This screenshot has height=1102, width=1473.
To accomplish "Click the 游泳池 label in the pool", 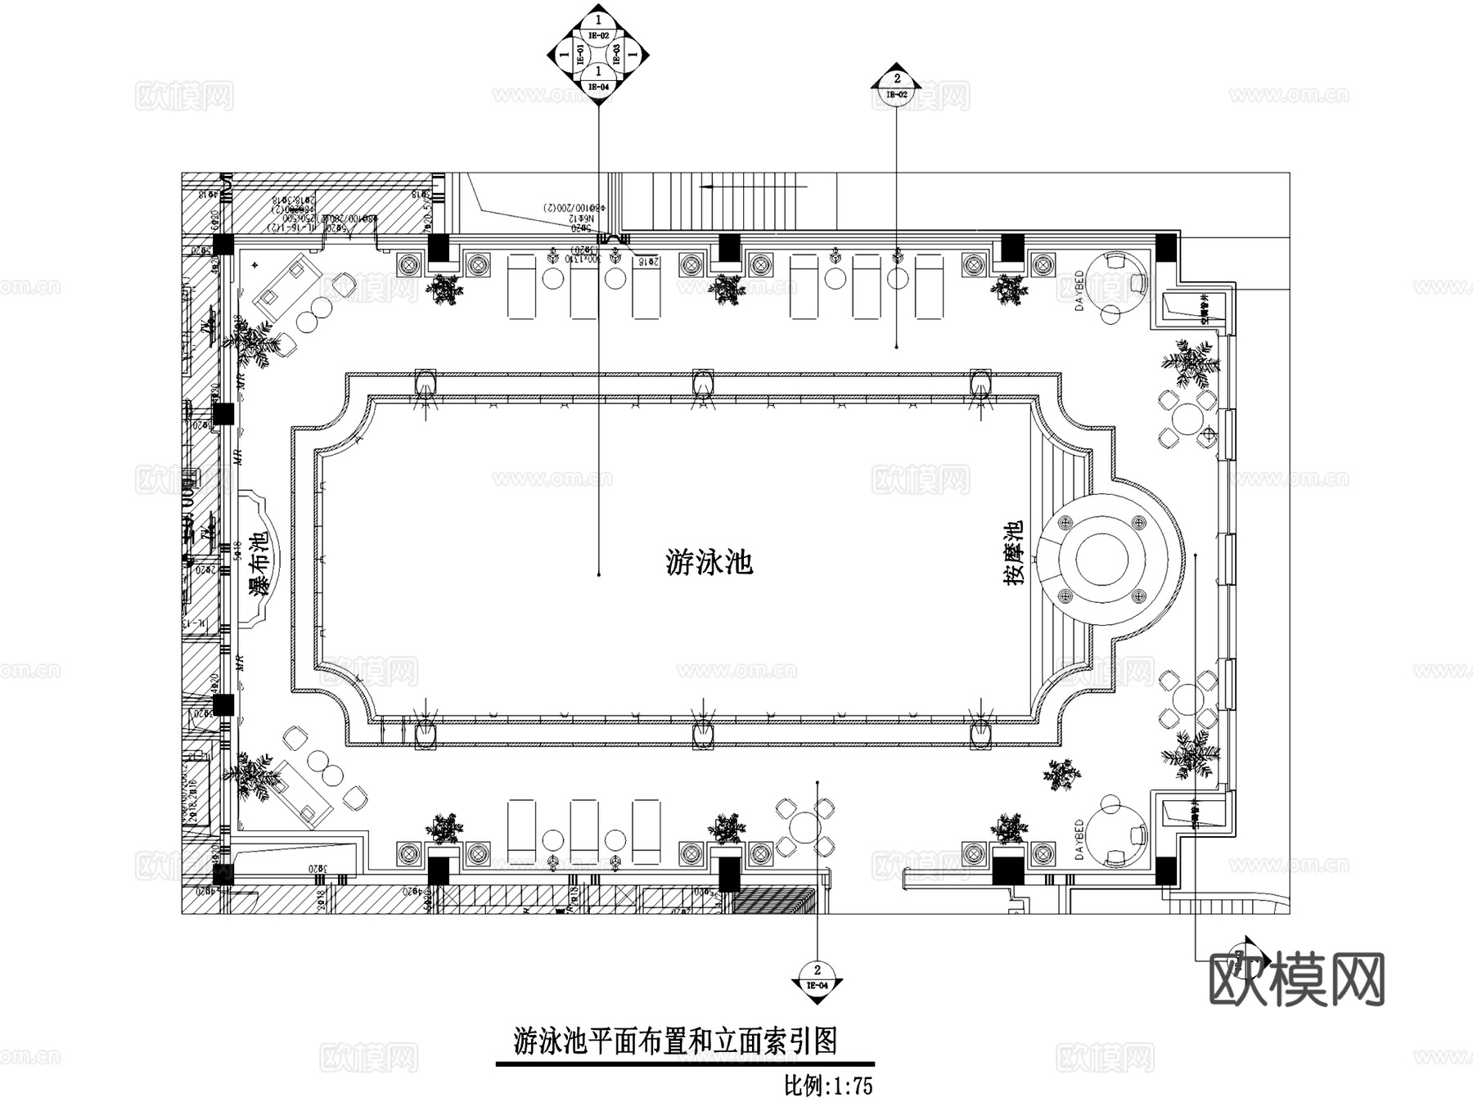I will coord(709,562).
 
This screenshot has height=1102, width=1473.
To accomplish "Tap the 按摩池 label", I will coord(1014,553).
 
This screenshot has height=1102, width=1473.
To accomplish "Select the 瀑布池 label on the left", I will coord(259,564).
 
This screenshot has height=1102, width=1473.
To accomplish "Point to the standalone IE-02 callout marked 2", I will coord(897,84).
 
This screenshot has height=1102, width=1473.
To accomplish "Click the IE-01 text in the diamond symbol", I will coord(580,55).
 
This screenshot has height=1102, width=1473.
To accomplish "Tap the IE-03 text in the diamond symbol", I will coord(617,55).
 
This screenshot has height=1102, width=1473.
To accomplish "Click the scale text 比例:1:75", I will coord(828,1086).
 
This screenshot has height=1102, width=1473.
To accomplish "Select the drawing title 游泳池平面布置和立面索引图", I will coord(675,1041).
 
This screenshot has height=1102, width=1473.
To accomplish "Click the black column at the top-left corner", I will coord(223,243).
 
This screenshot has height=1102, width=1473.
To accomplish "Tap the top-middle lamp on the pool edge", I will coord(703,382).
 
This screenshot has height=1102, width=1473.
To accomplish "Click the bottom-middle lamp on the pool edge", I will coord(703,735).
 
